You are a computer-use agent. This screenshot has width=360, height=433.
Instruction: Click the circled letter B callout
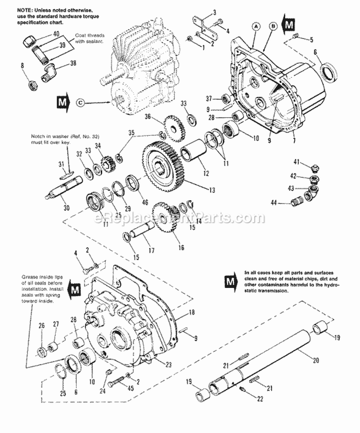click(272, 28)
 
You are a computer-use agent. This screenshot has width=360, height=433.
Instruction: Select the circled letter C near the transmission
click(80, 102)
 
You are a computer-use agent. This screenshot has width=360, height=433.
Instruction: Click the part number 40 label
click(56, 35)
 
